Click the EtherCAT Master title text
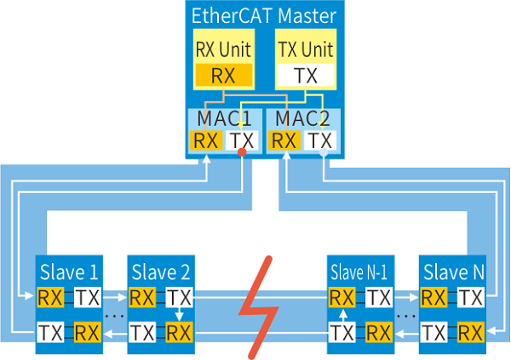[x=263, y=14]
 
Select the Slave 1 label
[x=68, y=274]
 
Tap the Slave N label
[x=454, y=274]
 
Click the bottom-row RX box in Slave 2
[x=179, y=332]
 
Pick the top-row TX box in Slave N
[x=471, y=298]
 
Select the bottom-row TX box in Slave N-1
[x=342, y=332]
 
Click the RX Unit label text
[x=218, y=49]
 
